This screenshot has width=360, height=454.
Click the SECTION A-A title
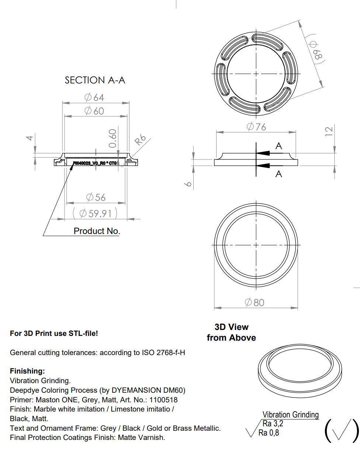(95, 80)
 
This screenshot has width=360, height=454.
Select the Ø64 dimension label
(94, 97)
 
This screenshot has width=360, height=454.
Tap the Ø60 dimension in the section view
(94, 111)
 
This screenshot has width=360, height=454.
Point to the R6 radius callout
(140, 140)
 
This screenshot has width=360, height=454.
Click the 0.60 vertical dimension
(113, 138)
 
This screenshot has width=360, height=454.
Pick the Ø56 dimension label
(96, 197)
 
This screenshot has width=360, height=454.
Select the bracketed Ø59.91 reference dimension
(95, 213)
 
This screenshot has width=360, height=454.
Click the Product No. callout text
(97, 231)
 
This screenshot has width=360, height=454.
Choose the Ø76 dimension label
(256, 127)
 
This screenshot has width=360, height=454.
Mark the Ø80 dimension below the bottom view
(255, 303)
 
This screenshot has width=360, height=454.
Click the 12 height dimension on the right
(329, 131)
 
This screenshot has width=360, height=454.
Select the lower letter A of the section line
(279, 174)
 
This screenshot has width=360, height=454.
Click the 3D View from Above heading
(231, 332)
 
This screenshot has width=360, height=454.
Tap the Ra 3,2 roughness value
(273, 423)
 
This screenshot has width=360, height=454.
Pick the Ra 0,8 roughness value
(269, 433)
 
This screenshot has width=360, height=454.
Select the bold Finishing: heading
(27, 371)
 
